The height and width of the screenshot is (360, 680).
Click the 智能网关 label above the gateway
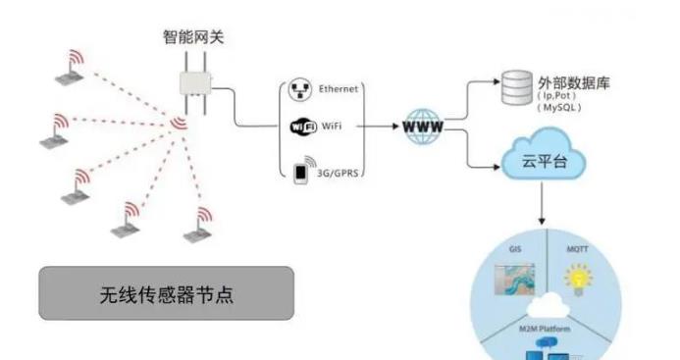click(193, 37)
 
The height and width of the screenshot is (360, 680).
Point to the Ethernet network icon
click(301, 89)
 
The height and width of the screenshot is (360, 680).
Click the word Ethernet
click(339, 89)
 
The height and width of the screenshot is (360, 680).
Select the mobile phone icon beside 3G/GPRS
click(301, 171)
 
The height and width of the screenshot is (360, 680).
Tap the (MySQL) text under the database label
click(562, 109)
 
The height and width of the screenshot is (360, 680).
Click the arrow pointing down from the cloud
click(541, 210)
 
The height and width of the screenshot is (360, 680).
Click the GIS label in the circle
click(515, 250)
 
